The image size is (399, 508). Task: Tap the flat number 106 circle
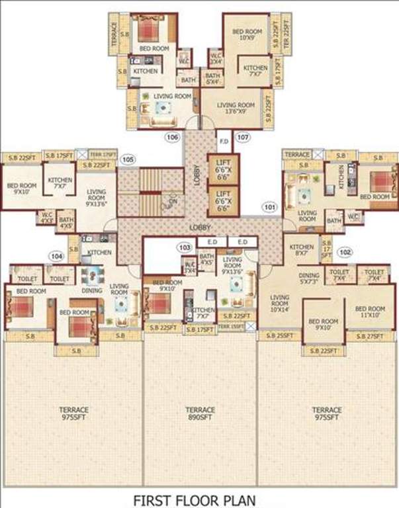pyautogui.click(x=173, y=138)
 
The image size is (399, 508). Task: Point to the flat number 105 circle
pyautogui.click(x=128, y=159)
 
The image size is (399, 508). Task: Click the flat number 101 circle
pyautogui.click(x=269, y=206)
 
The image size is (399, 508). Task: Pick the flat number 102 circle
pyautogui.click(x=345, y=252)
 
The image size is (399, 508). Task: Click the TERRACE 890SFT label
pyautogui.click(x=200, y=413)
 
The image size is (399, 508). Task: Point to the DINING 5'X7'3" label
pyautogui.click(x=308, y=279)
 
